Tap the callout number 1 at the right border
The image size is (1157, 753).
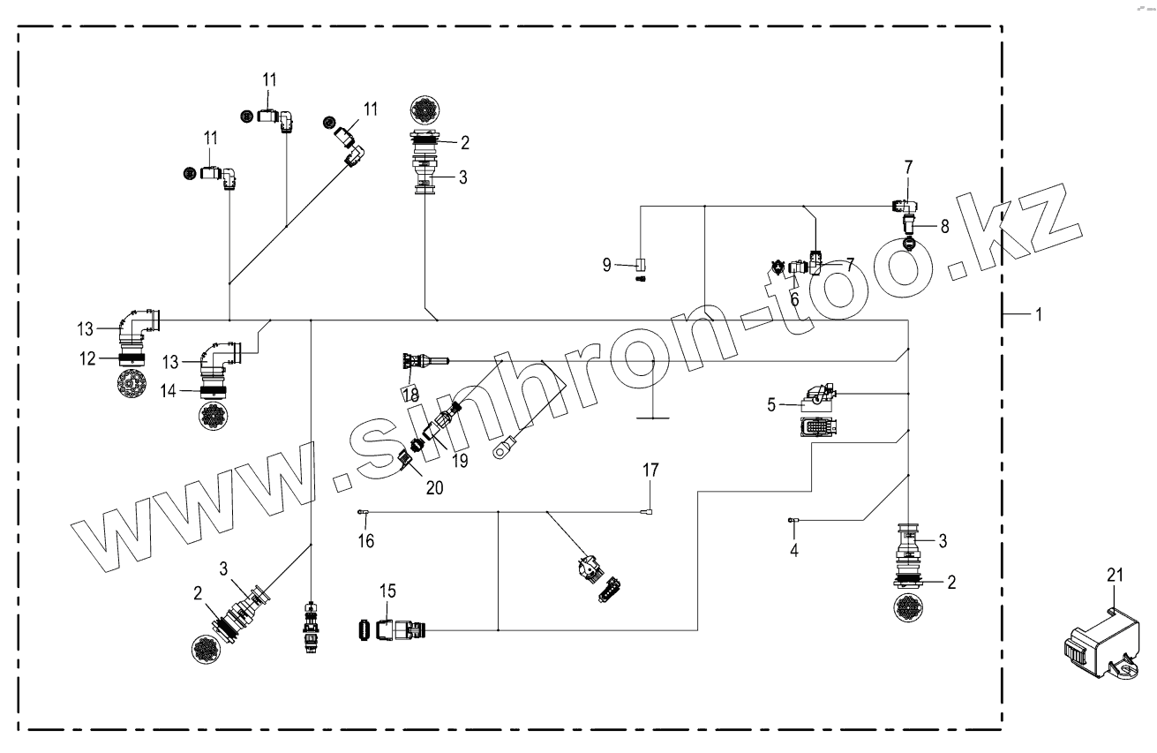click(1039, 314)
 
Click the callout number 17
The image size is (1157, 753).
click(650, 471)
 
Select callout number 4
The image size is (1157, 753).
click(793, 550)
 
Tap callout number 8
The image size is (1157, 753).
click(944, 226)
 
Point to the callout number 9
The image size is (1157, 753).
click(607, 263)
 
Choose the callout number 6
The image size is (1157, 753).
click(794, 300)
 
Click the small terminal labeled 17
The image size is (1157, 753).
click(649, 511)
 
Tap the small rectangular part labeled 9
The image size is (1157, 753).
click(642, 263)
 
